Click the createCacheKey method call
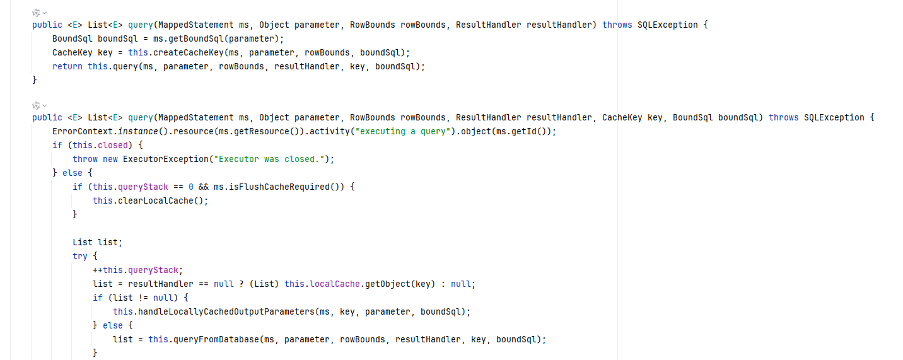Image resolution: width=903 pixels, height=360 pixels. coord(188,53)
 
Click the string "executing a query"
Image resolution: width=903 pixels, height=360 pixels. coord(400,131)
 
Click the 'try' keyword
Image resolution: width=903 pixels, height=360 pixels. coord(80,256)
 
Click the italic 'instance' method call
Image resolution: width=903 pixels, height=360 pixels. coord(132,131)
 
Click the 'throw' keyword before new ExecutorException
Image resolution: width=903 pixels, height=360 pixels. coord(85,159)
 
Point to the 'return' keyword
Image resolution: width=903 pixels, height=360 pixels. coord(67,67)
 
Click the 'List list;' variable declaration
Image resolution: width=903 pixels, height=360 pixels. coord(97,242)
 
